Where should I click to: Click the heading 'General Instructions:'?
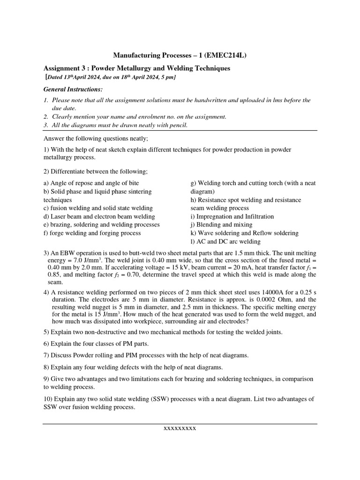coord(73,89)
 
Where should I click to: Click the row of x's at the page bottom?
coord(180,428)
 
